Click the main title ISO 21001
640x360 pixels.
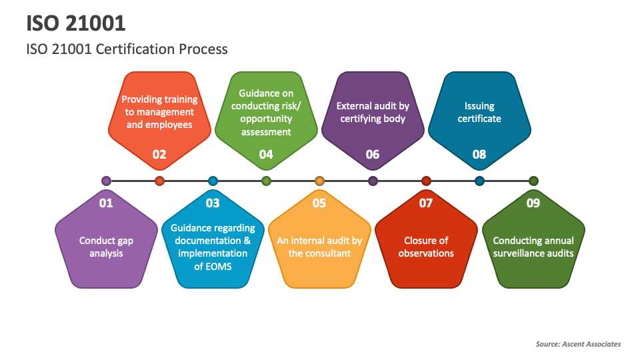76,23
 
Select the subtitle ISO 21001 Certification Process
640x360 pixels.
127,49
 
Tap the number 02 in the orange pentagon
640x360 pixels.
159,155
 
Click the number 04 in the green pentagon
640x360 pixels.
266,155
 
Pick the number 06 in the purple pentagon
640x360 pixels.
373,155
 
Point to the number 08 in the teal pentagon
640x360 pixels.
479,155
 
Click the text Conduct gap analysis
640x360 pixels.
106,247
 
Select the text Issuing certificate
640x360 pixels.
479,112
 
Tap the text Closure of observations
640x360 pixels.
426,247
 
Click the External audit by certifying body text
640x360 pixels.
373,112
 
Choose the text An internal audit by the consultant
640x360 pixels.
319,247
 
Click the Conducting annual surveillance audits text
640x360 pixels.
533,247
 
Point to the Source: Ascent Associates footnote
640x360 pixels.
578,344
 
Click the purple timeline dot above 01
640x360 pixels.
106,181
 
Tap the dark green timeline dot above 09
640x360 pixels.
533,181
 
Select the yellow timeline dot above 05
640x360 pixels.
319,181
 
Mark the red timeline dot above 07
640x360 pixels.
426,181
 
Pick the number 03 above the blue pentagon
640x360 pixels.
213,203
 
